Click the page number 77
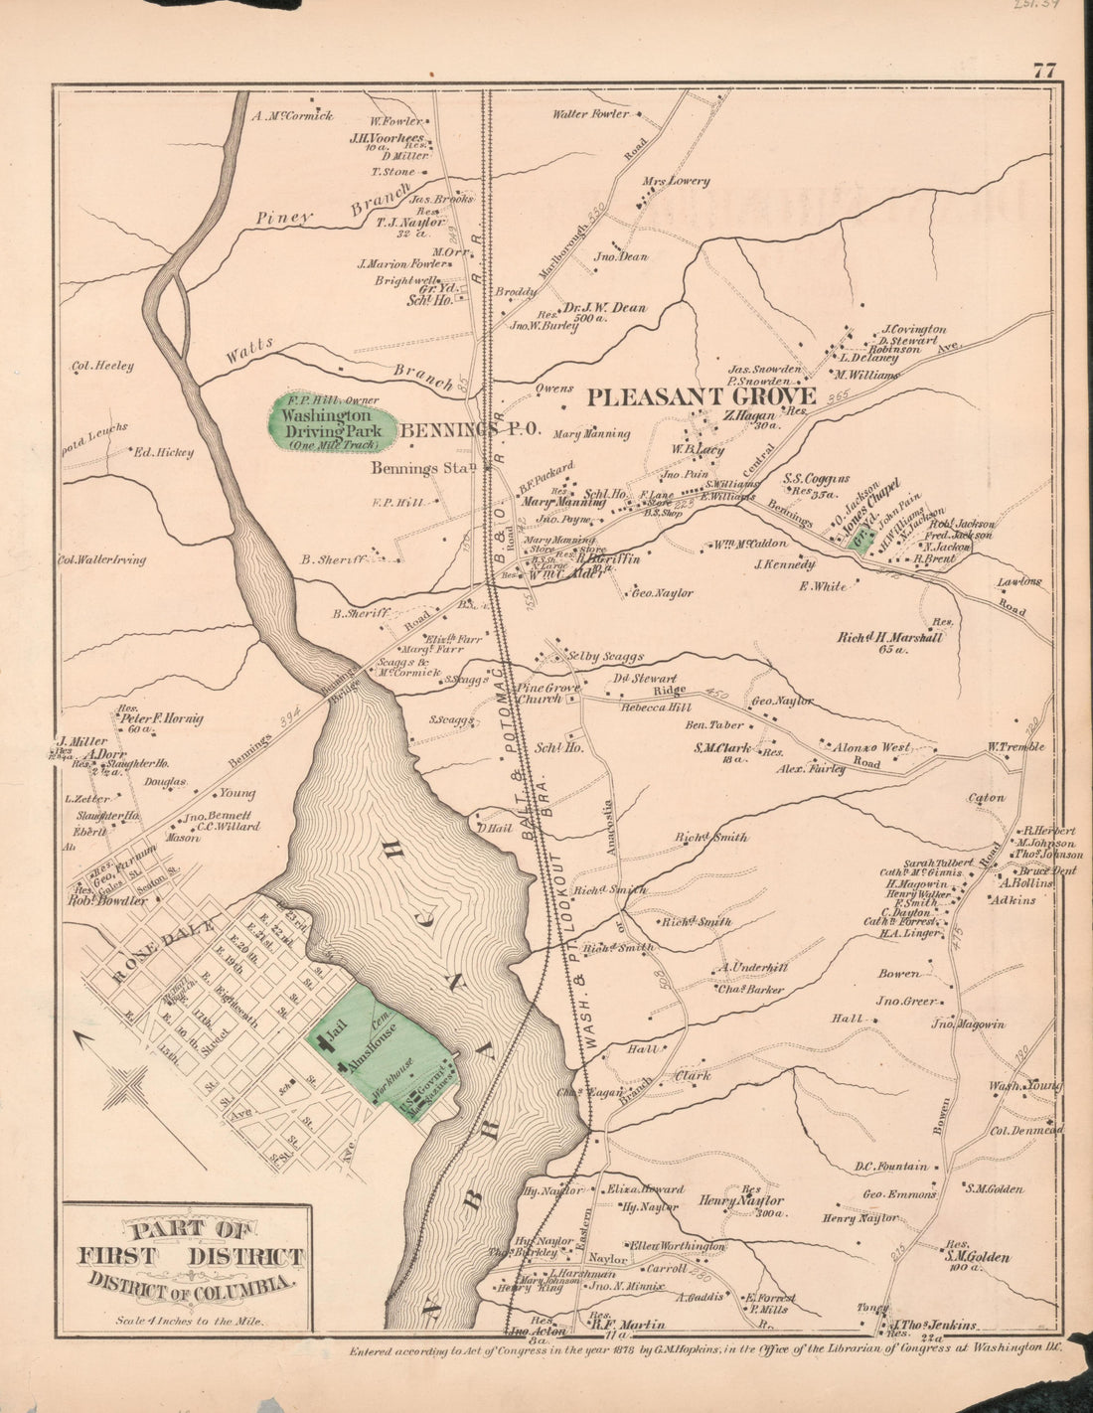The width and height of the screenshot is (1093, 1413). (1043, 71)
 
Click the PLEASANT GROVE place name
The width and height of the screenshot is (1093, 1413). (701, 397)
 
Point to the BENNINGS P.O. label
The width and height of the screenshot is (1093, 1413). (469, 430)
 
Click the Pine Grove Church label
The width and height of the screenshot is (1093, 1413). (538, 693)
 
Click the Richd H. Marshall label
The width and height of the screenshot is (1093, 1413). (889, 638)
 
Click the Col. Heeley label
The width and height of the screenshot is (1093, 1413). (101, 366)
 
